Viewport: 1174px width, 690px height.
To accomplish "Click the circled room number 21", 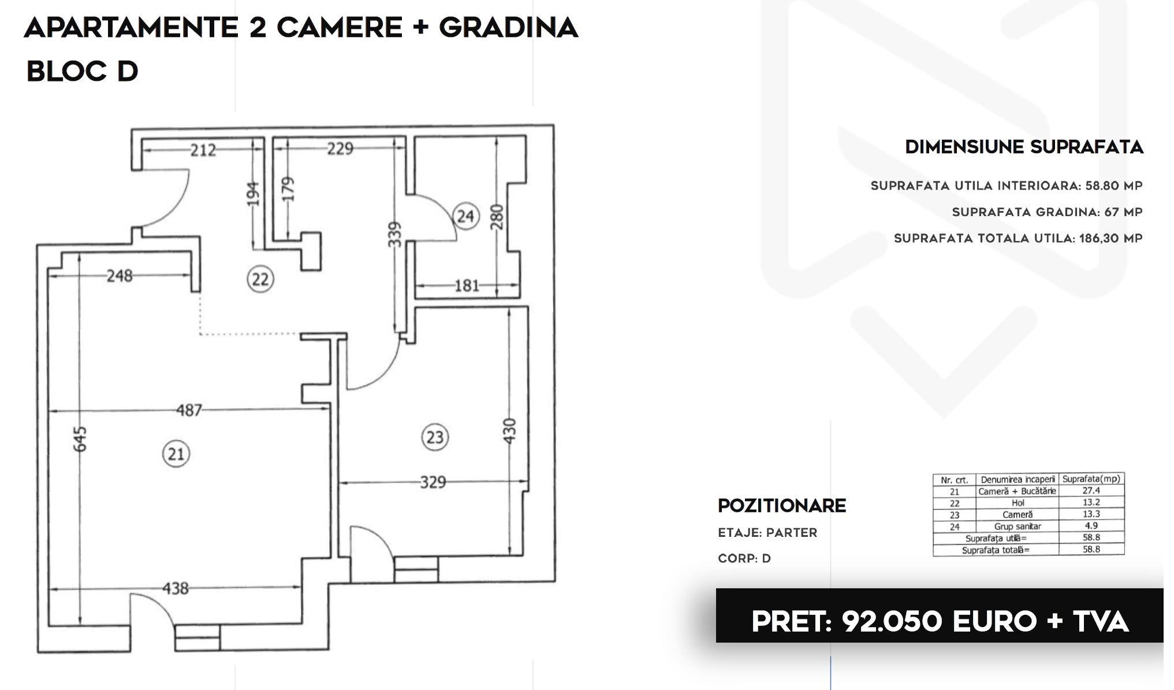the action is click(x=176, y=454).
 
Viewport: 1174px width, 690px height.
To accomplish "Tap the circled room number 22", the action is click(x=260, y=279).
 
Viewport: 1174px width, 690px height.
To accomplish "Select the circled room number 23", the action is click(x=435, y=437).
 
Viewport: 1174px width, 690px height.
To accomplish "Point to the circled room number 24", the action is click(x=466, y=216).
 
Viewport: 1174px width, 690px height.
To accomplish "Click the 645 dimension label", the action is click(x=81, y=439).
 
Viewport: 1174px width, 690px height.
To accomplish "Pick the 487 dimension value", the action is click(x=189, y=410).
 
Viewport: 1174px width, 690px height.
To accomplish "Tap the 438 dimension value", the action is click(x=176, y=588).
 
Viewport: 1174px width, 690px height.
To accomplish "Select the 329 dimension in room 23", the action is click(x=433, y=481).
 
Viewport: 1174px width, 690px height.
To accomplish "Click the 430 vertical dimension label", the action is click(x=509, y=431).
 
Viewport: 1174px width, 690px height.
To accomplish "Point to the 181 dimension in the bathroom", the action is click(x=467, y=285).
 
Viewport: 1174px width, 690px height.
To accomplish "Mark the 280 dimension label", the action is click(x=497, y=217).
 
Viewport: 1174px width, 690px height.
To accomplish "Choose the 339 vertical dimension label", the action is click(x=394, y=235).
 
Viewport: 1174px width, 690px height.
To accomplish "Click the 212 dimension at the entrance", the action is click(x=203, y=150).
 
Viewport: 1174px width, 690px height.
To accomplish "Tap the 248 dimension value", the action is click(x=120, y=276).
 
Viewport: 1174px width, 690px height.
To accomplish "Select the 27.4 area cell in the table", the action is click(x=1091, y=491).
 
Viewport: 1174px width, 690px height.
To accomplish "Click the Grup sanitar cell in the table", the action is click(x=1018, y=526).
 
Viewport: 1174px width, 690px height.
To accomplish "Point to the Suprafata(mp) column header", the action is click(x=1091, y=479).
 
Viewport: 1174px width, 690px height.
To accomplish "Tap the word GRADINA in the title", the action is click(x=508, y=28).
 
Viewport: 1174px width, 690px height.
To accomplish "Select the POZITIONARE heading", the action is click(x=782, y=506).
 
